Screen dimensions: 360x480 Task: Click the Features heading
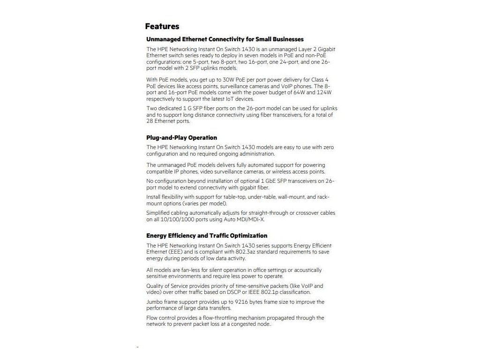162,26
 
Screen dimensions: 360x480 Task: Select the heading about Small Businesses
225,39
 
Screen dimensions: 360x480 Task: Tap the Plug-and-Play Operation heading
181,138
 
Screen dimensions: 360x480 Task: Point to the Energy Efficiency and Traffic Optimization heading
207,236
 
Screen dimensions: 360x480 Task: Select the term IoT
229,99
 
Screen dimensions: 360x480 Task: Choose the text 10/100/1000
174,219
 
